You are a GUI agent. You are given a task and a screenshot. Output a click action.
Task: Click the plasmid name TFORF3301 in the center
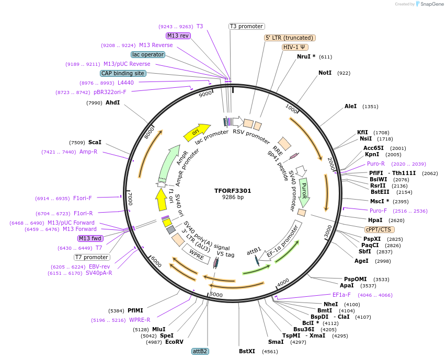(233, 191)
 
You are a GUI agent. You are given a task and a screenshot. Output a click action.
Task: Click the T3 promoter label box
(247, 26)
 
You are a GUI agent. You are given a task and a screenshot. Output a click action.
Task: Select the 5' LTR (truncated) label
(290, 38)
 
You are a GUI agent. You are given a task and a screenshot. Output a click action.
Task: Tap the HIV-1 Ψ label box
(295, 47)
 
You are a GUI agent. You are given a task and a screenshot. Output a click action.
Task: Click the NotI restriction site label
(325, 73)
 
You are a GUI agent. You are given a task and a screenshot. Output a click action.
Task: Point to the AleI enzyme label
(350, 106)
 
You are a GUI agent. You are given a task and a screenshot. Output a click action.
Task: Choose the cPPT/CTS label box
(380, 229)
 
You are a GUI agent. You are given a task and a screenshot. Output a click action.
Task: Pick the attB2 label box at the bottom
(200, 351)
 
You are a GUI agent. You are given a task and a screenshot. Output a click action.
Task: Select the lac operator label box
(148, 54)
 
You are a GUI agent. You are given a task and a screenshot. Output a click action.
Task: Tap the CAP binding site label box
(123, 74)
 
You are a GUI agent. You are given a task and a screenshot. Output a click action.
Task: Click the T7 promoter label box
(92, 257)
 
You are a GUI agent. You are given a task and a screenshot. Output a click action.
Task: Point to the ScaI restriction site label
(95, 142)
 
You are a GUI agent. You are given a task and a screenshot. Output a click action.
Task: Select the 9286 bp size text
(233, 198)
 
